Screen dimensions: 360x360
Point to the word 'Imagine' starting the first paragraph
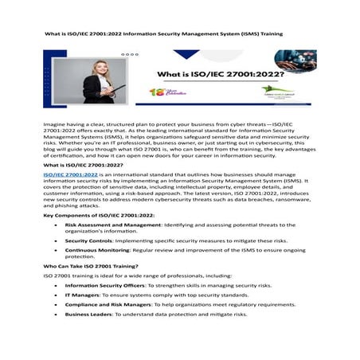[55, 126]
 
